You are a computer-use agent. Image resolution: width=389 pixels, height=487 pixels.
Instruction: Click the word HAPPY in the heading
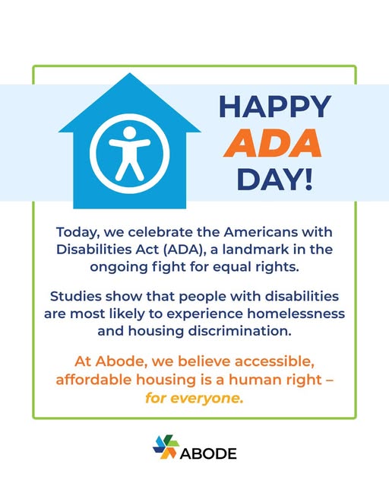[275, 107]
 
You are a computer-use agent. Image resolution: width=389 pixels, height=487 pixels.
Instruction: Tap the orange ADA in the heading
[272, 143]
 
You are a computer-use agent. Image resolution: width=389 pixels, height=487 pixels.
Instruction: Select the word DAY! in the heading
[274, 180]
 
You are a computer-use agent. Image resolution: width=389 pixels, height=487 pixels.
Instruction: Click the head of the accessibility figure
[130, 132]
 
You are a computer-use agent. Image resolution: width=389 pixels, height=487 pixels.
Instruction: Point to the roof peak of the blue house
[130, 74]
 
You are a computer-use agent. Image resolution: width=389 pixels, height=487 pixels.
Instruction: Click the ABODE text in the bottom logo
[208, 454]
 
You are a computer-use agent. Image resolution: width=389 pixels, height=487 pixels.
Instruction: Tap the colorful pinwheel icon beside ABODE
[166, 447]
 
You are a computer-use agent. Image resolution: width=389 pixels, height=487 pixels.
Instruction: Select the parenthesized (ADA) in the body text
[185, 250]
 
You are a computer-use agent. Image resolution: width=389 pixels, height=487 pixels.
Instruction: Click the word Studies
[76, 296]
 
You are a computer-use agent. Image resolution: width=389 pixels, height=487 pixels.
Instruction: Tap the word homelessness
[296, 314]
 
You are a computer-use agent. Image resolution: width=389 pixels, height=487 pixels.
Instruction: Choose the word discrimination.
[240, 331]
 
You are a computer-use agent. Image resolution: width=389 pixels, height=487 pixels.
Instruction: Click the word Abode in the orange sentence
[121, 361]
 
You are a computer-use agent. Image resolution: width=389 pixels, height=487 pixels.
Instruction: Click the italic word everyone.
[207, 398]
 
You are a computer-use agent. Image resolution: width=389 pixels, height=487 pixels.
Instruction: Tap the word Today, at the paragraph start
[77, 232]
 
